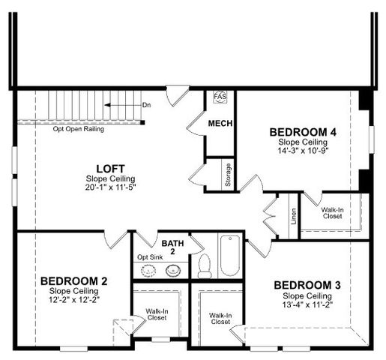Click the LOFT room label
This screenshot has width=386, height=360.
tap(110, 169)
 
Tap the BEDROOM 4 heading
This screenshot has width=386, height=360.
tap(302, 132)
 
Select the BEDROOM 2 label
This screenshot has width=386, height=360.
tap(73, 281)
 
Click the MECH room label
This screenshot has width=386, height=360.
tap(220, 124)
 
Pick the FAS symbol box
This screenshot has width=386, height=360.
tap(220, 97)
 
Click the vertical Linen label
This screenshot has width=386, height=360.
tap(293, 216)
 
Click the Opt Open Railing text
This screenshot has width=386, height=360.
tap(78, 129)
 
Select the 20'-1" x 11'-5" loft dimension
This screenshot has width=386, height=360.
tap(110, 187)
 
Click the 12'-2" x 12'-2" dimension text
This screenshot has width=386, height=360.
tap(73, 299)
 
